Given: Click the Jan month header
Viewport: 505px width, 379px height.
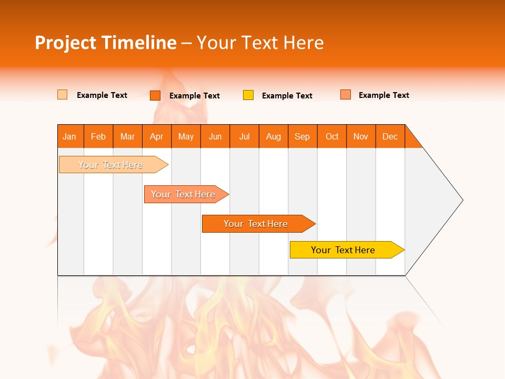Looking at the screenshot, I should coord(70,136).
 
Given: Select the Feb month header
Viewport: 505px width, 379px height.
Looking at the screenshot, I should coord(98,136).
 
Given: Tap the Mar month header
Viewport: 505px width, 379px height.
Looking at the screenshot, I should coord(127,136).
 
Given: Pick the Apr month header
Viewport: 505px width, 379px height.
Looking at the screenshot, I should coord(157,136).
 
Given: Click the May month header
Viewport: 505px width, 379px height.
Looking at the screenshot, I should coord(186,136).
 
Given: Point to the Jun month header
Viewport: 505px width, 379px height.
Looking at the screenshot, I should coord(215,136).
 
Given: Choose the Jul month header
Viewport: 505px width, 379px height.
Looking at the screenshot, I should coord(244,136).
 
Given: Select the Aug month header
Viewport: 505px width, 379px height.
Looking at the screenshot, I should coord(274,136).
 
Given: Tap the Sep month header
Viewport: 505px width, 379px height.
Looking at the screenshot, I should coord(302,136).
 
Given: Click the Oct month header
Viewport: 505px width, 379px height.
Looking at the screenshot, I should coord(332,136).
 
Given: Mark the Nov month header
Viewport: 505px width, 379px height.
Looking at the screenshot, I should coord(361,136).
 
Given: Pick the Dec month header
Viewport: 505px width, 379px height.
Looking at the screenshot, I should coord(390,136).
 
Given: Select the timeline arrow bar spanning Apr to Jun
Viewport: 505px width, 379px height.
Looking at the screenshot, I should coord(184,194).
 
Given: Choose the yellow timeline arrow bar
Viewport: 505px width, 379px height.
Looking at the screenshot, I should coord(345,250).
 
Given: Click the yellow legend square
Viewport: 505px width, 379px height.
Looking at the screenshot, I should coord(248,95).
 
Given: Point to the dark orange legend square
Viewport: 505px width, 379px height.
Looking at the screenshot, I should coord(155,95).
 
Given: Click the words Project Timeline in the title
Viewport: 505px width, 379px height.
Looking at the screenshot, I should coord(106,43).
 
